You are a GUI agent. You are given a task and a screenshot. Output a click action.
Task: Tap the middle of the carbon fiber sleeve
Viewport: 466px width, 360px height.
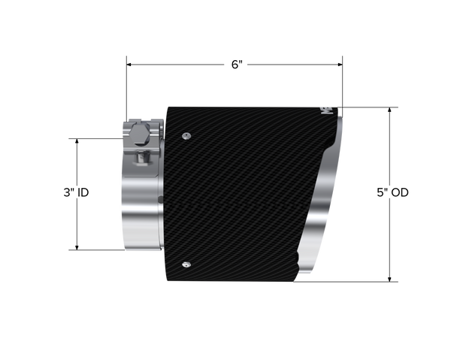248,188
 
